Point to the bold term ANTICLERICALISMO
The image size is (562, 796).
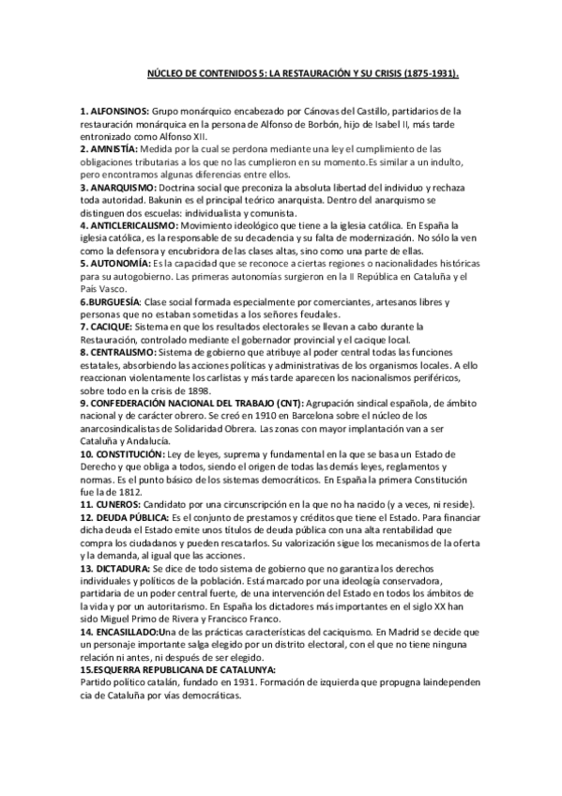(x=133, y=225)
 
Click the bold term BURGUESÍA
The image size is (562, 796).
(x=111, y=301)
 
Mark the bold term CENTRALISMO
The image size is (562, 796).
(x=118, y=351)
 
